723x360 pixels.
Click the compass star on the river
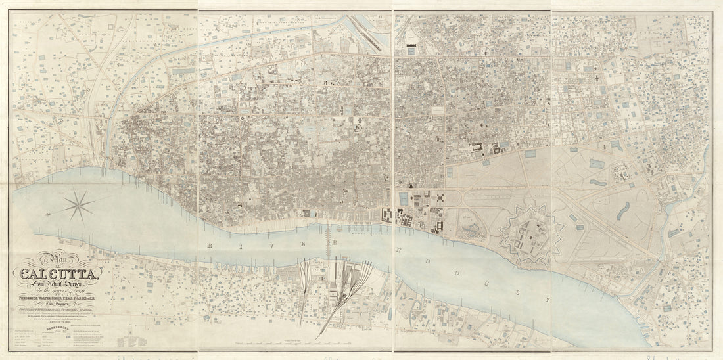[79, 205]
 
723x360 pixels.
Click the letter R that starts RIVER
[208, 244]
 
